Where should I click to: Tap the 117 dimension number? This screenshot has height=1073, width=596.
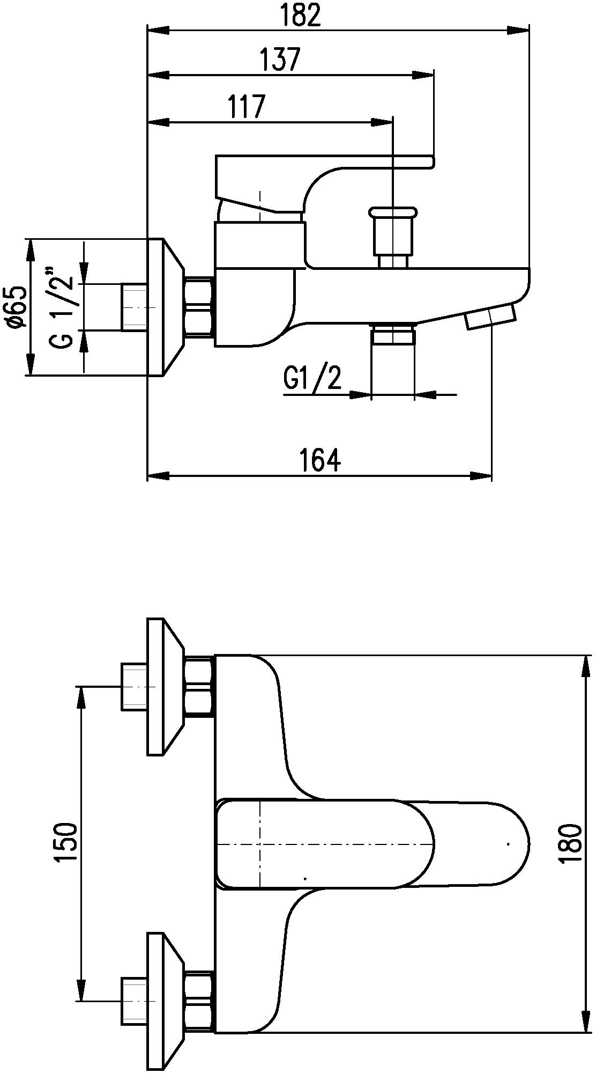(247, 107)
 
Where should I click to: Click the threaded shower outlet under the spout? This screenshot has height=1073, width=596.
(393, 334)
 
